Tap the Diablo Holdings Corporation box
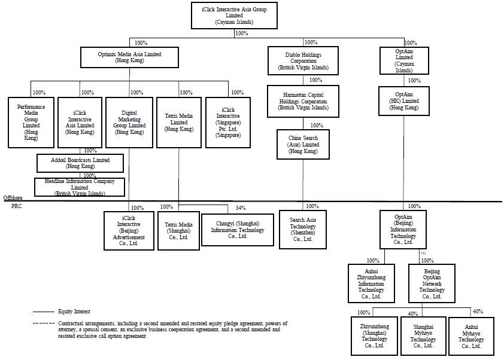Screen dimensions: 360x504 [303, 61]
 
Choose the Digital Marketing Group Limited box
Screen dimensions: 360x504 [129, 121]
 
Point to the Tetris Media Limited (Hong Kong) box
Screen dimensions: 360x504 [179, 121]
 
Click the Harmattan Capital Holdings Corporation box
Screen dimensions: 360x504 [303, 101]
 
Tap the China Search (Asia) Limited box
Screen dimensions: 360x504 [303, 144]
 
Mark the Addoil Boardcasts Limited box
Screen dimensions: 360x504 [81, 163]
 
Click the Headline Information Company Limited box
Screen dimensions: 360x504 [80, 187]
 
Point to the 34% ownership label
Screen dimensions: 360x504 [240, 208]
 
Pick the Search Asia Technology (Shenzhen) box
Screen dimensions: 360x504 [303, 230]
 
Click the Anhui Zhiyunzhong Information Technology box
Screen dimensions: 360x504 [372, 283]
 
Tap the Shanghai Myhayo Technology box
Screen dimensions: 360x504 [423, 335]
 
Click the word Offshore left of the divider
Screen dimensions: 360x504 [13, 197]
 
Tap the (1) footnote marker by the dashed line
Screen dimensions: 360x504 [423, 254]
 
